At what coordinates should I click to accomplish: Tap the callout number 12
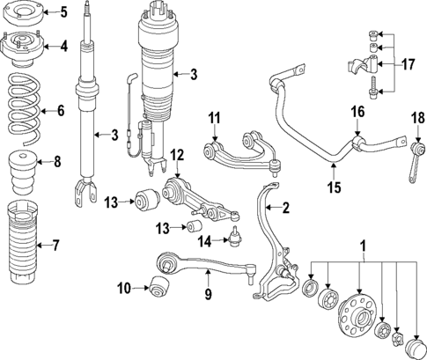[x=176, y=156]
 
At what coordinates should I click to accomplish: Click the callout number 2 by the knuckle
[x=284, y=209]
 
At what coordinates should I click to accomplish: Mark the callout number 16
[x=357, y=112]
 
